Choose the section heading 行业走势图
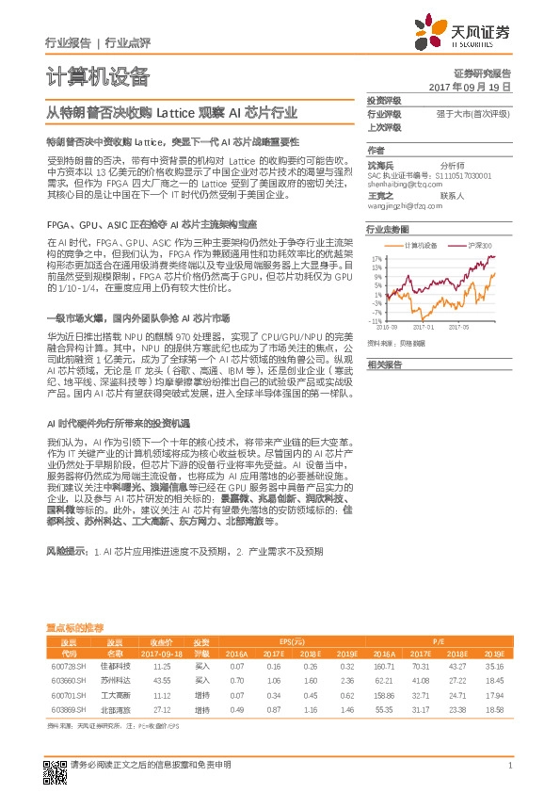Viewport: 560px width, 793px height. pos(387,229)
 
